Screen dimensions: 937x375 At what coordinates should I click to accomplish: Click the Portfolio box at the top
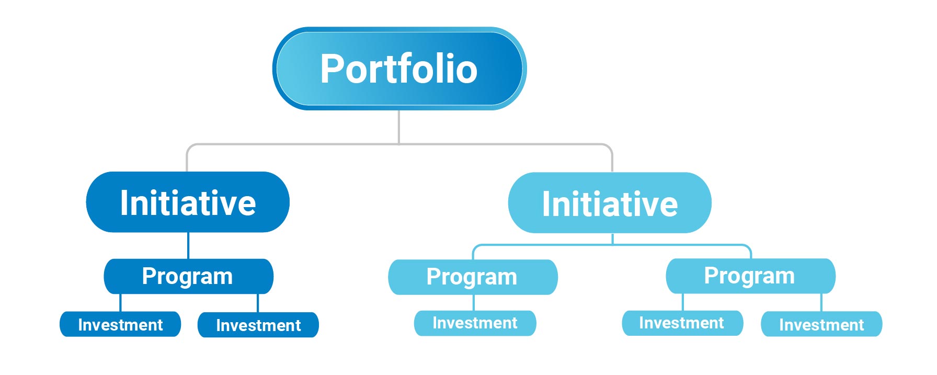(399, 69)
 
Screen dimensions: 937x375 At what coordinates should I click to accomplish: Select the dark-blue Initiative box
(188, 202)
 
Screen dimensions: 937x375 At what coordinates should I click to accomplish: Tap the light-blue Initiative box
(610, 202)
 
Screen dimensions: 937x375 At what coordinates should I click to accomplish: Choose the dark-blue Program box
(188, 276)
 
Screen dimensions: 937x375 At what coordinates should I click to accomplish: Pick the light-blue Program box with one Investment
(473, 277)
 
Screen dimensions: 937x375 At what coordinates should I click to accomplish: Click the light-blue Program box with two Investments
(750, 276)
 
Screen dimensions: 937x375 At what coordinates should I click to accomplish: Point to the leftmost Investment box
(120, 324)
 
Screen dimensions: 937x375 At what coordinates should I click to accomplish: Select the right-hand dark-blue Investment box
(258, 325)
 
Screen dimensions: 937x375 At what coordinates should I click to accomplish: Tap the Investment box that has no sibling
(475, 323)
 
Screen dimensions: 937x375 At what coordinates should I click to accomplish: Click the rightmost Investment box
(821, 324)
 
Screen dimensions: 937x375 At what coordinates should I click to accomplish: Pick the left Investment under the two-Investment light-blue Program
(682, 323)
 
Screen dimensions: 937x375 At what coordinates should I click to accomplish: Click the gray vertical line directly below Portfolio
(399, 127)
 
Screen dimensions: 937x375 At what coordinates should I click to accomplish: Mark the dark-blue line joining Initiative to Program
(188, 246)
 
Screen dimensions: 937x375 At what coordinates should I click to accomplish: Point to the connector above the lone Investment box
(474, 303)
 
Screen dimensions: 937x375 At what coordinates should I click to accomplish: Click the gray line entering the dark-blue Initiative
(187, 158)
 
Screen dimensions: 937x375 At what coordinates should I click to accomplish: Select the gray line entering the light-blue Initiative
(612, 158)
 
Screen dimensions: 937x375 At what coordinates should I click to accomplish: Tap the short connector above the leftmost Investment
(120, 303)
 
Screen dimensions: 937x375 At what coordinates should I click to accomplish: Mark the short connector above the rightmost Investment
(821, 303)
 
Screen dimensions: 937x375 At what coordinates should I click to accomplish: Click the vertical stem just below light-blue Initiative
(612, 239)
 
